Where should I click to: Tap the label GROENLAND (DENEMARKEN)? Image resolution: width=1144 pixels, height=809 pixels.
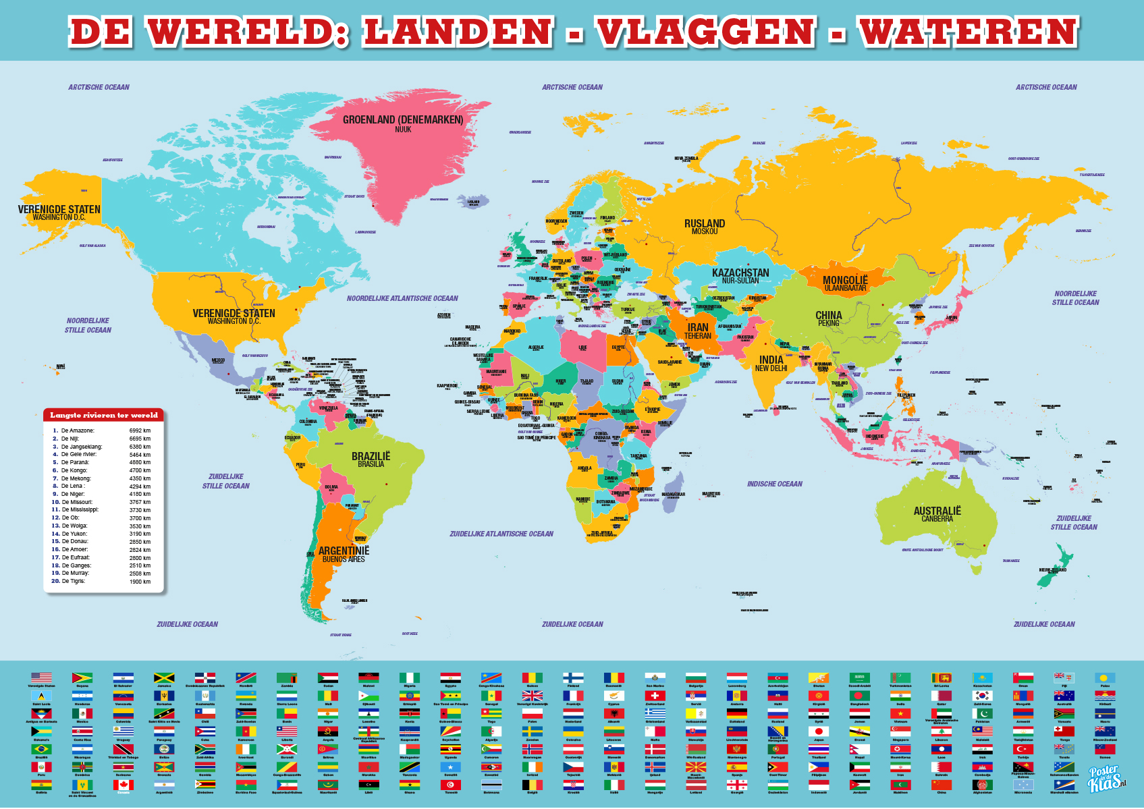tap(403, 119)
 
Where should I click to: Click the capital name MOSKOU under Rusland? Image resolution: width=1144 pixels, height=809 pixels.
tap(705, 231)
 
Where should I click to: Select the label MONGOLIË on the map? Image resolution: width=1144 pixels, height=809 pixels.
tap(844, 279)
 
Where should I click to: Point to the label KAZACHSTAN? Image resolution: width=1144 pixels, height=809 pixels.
tap(740, 273)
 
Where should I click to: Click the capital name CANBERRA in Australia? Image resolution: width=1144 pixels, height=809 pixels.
tap(937, 519)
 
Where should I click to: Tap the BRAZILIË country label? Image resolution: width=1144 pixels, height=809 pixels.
tap(371, 456)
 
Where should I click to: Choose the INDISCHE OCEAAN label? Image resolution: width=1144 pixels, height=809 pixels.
tap(774, 484)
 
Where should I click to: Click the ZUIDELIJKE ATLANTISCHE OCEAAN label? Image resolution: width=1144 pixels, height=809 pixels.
tap(501, 534)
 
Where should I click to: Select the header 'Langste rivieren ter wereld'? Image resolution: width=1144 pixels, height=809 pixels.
tap(104, 415)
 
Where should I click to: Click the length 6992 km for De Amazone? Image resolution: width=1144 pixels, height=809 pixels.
tap(140, 430)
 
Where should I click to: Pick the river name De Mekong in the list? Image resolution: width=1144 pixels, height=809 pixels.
tap(76, 478)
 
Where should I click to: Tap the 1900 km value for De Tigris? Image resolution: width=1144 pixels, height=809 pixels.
tap(140, 582)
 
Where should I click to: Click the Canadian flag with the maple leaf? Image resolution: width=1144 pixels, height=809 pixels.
tap(123, 785)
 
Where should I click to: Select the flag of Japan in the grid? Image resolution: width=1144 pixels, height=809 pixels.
tap(819, 731)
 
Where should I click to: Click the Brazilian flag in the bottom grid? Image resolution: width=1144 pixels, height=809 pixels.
tap(41, 749)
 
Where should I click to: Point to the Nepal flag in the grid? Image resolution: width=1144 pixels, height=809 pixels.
tap(859, 749)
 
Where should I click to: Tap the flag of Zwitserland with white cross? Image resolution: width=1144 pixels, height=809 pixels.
tap(655, 695)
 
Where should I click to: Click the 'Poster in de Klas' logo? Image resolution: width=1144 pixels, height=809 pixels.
tap(1106, 779)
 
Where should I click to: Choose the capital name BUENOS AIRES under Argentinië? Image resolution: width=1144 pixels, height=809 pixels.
tap(344, 559)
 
